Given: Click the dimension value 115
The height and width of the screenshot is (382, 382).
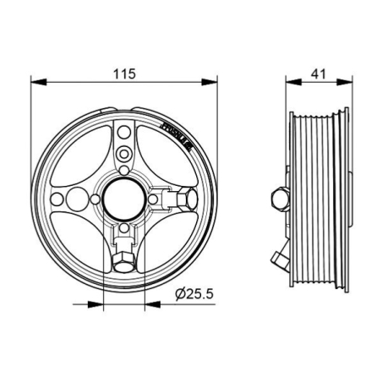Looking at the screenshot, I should [x=123, y=74].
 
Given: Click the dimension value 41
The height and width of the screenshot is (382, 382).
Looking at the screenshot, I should [x=319, y=74].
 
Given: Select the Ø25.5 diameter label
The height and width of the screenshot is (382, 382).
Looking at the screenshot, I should [x=194, y=292].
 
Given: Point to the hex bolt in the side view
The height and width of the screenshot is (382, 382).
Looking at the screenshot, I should [x=277, y=199].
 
